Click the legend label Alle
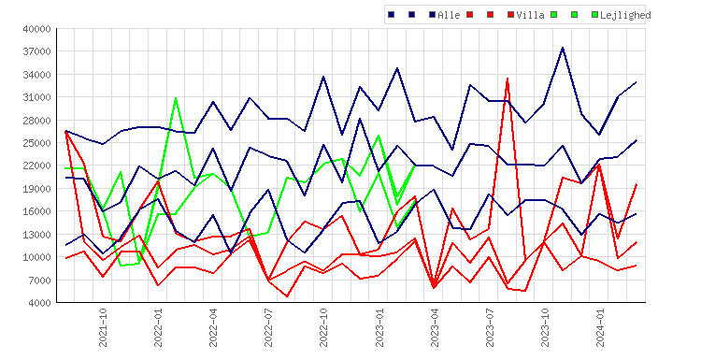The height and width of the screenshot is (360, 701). (x=449, y=15)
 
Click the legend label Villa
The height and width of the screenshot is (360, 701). (x=530, y=15)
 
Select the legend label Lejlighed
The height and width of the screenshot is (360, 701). (x=625, y=15)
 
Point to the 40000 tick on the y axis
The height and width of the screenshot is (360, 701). (x=37, y=29)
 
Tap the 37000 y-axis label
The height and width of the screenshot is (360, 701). (x=37, y=51)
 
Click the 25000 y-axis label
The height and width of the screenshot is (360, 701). (x=37, y=143)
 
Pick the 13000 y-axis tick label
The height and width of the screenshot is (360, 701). (x=37, y=235)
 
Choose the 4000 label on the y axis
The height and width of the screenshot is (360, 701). (x=40, y=303)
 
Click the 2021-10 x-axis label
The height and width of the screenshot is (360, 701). (x=103, y=328)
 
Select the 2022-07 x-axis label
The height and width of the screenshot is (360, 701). (x=268, y=328)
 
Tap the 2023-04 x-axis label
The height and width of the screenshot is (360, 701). (x=435, y=328)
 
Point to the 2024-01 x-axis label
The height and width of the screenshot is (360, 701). (x=600, y=328)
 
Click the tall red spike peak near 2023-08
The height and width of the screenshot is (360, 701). (x=508, y=79)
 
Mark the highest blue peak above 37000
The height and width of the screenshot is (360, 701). (x=563, y=48)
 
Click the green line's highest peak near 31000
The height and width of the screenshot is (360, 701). (x=176, y=97)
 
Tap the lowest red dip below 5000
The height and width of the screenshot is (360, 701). (x=287, y=296)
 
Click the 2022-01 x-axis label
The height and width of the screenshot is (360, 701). (x=158, y=328)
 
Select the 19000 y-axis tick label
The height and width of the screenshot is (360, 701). (x=37, y=189)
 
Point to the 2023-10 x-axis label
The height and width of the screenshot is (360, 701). (x=545, y=328)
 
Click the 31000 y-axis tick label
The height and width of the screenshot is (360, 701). (x=37, y=97)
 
